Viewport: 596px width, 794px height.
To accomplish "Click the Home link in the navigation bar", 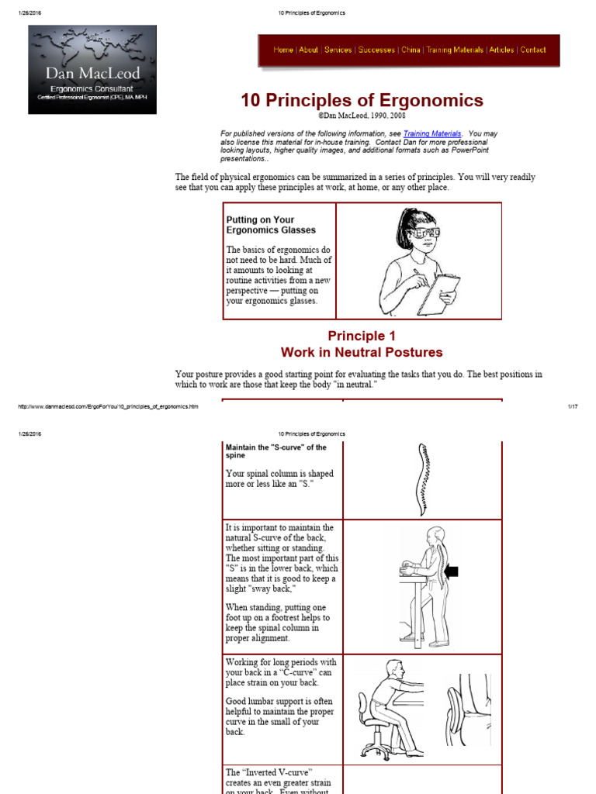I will pyautogui.click(x=283, y=50).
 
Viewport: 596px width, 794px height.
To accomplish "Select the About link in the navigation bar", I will pyautogui.click(x=308, y=50).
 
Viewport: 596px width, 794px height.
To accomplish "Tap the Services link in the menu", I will pyautogui.click(x=338, y=50).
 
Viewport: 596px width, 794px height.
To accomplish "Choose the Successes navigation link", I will pyautogui.click(x=376, y=50).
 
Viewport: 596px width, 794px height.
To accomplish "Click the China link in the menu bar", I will pyautogui.click(x=411, y=50).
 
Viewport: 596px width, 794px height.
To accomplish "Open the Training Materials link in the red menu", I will pyautogui.click(x=454, y=50).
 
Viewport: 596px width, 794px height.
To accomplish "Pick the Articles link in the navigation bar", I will pyautogui.click(x=501, y=50).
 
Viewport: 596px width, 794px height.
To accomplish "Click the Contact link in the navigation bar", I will pyautogui.click(x=533, y=50).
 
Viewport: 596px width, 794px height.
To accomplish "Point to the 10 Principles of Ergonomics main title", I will pyautogui.click(x=362, y=101).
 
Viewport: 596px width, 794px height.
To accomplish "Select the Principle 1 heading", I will pyautogui.click(x=362, y=336).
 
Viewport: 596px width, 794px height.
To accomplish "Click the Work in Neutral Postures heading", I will pyautogui.click(x=362, y=353).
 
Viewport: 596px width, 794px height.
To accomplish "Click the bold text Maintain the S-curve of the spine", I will pyautogui.click(x=275, y=451).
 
